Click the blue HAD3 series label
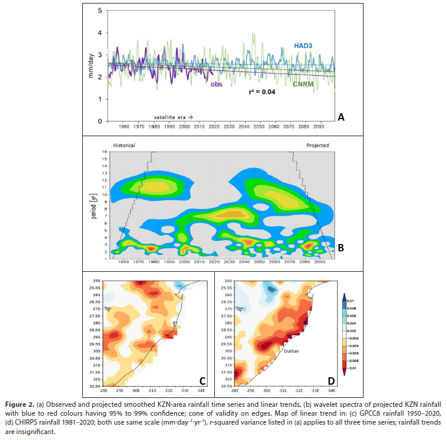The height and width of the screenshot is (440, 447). tap(305, 45)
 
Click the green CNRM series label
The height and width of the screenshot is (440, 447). tap(305, 85)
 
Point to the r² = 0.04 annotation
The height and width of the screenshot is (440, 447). tap(266, 92)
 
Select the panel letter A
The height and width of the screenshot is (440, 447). tap(340, 117)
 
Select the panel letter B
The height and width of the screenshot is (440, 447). tap(340, 248)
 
